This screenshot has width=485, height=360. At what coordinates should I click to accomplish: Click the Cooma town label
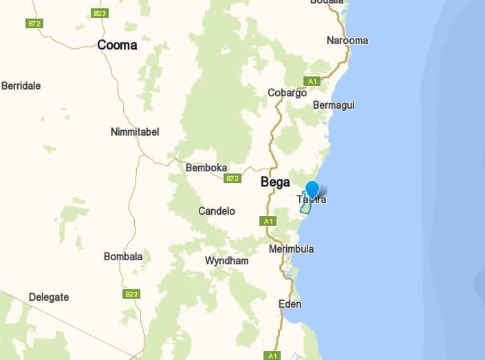tap(117, 45)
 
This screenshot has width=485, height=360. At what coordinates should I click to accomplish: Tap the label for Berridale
tap(21, 86)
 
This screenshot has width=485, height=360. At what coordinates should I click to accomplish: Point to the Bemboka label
tap(206, 167)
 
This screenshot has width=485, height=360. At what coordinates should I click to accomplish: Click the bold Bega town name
tap(275, 182)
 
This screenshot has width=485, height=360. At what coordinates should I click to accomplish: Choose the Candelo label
tap(217, 211)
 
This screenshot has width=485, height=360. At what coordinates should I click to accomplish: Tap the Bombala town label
tap(123, 257)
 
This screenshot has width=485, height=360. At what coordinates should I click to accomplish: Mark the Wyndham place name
tap(227, 261)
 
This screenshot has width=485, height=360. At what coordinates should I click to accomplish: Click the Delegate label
tap(49, 297)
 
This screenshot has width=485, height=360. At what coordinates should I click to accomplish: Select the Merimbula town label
tap(291, 248)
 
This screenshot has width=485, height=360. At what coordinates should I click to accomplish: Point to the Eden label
tap(290, 304)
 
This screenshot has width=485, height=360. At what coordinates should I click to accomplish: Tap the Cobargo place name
tap(287, 93)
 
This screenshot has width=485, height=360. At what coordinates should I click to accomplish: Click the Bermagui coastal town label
tap(334, 105)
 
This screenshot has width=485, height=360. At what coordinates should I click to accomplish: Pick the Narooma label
tap(347, 40)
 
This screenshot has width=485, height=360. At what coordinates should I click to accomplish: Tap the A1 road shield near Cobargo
tap(312, 81)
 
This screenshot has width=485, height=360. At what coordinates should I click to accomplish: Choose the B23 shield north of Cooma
tap(100, 13)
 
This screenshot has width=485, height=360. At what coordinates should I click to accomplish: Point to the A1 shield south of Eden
tap(272, 356)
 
